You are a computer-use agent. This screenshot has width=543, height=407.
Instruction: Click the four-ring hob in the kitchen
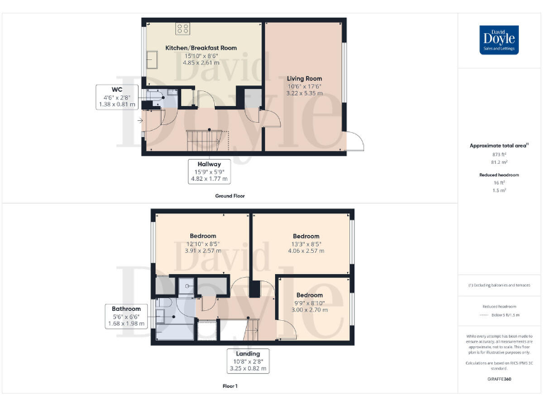pos(182,29)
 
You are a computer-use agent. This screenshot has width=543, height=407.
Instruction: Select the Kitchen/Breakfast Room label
pos(201,48)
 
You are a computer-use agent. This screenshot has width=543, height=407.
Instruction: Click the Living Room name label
pos(304,78)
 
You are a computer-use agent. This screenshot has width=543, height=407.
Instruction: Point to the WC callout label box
pos(117,98)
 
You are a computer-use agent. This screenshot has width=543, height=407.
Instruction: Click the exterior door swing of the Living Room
pos(356,141)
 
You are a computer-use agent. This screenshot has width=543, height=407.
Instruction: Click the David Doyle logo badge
pos(500,40)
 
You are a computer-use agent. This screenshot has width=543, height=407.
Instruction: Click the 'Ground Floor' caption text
pos(230,195)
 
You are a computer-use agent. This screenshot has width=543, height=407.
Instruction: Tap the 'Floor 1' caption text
pos(230,387)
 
